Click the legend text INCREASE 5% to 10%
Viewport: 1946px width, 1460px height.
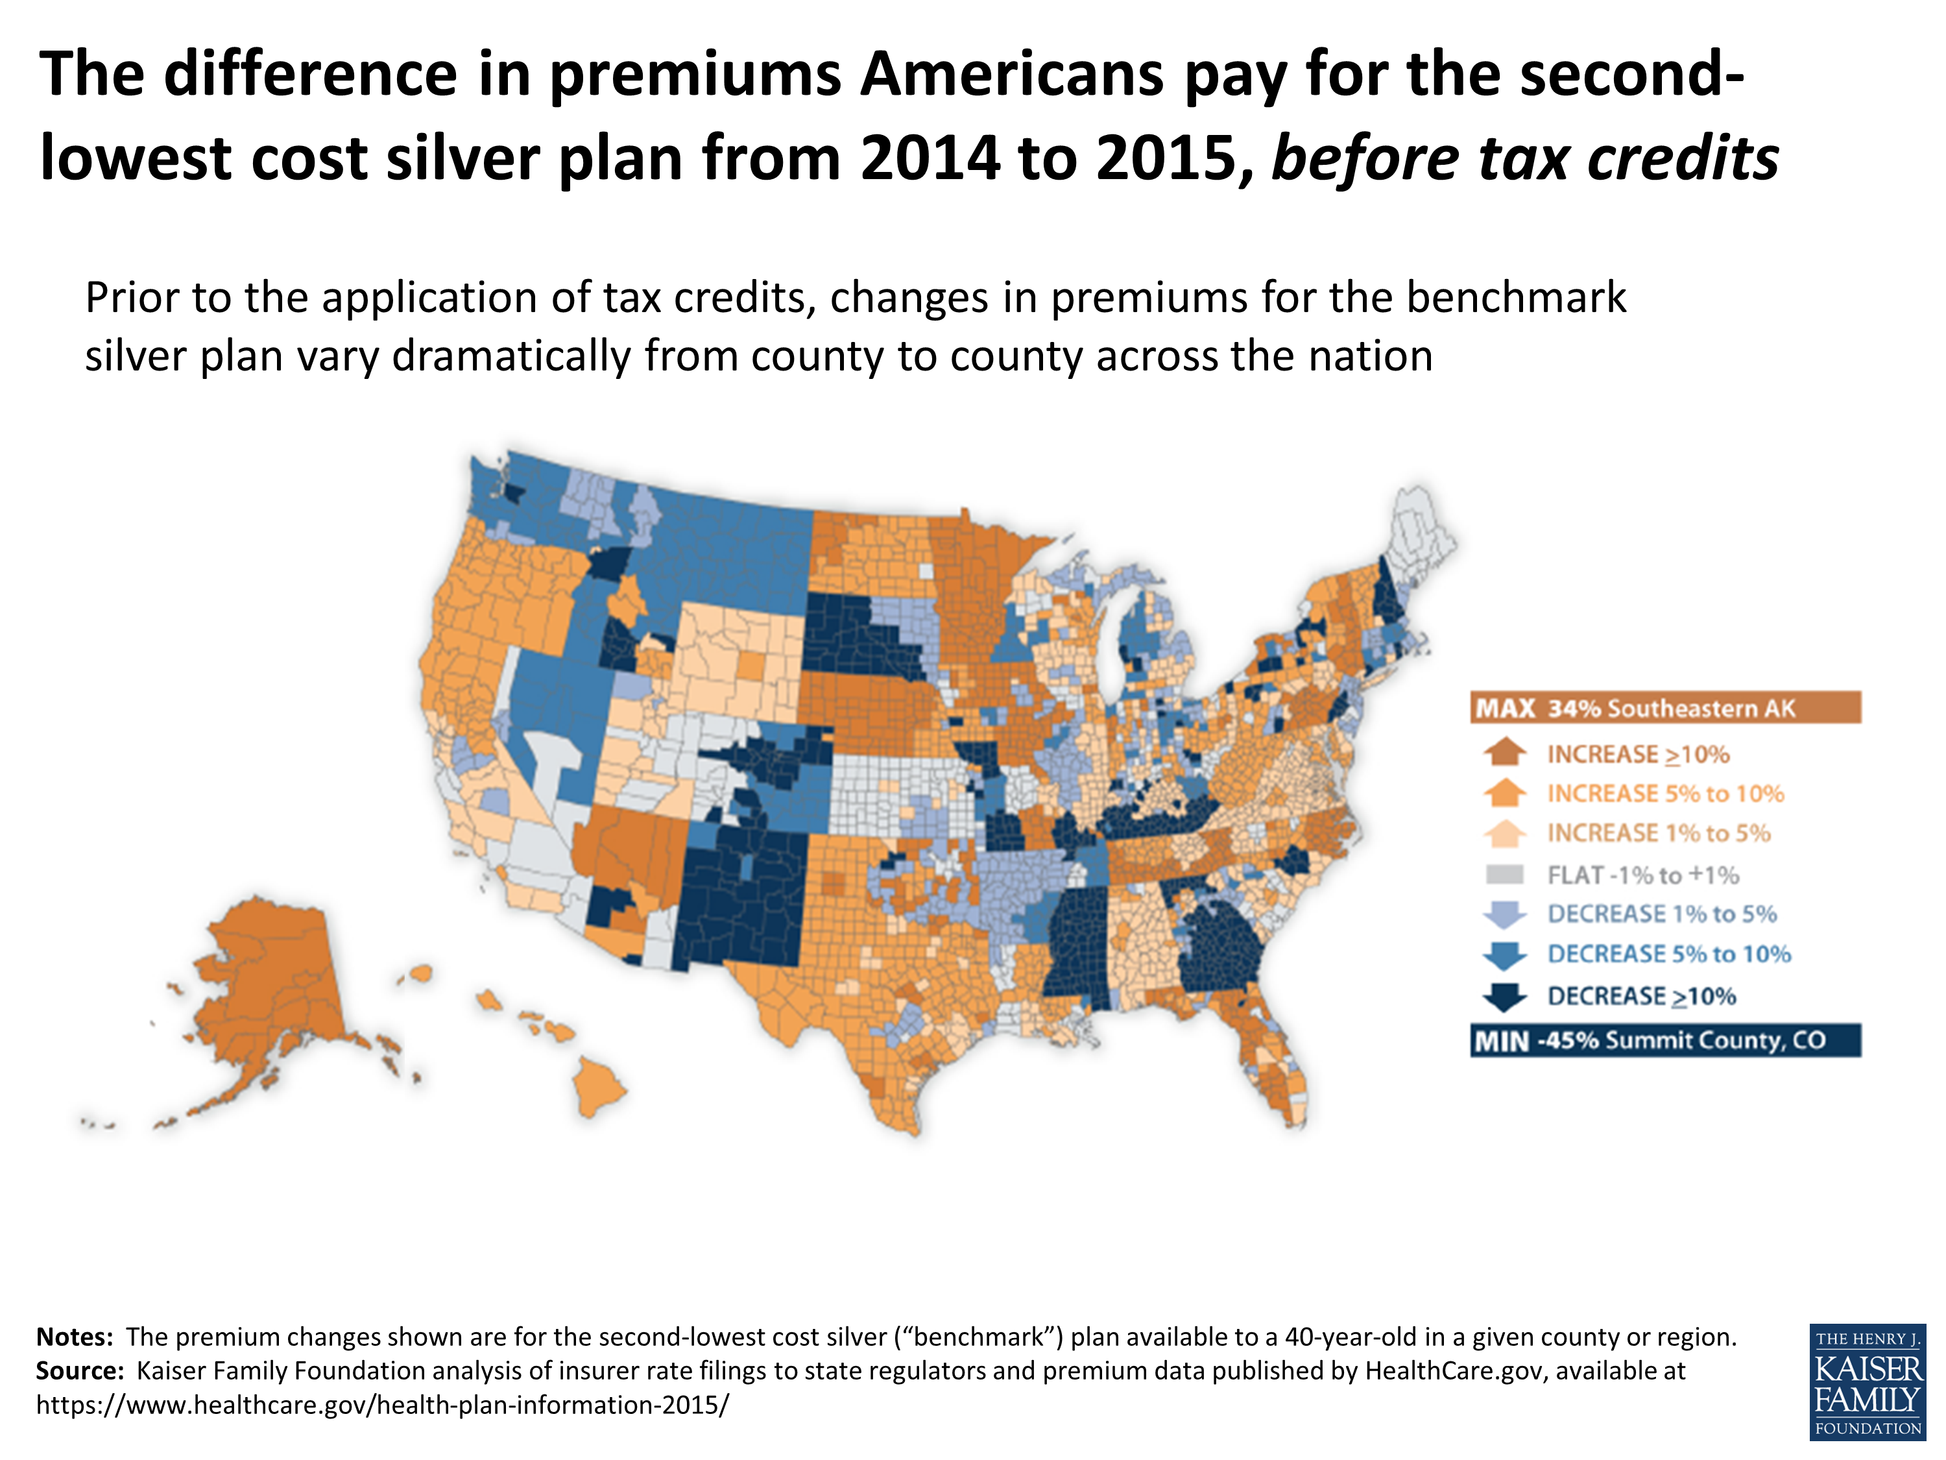[1665, 794]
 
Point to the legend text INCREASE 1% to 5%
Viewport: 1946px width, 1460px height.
[1659, 833]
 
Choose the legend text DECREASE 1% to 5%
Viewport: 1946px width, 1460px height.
[1662, 914]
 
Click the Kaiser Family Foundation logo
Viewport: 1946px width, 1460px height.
[1867, 1381]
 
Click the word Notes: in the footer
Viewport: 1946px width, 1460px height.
[75, 1337]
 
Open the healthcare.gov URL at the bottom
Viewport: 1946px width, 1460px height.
[383, 1405]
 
